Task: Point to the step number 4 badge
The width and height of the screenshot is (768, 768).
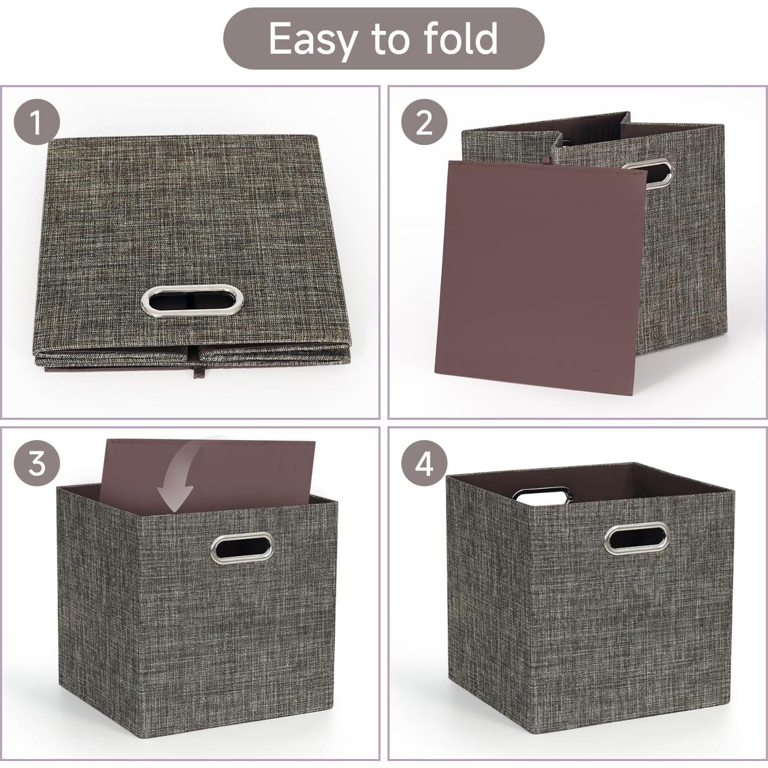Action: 424,464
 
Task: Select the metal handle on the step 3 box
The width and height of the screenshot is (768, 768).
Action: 243,546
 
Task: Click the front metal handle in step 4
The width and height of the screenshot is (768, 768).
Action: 636,538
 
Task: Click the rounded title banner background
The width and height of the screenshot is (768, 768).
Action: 244,39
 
